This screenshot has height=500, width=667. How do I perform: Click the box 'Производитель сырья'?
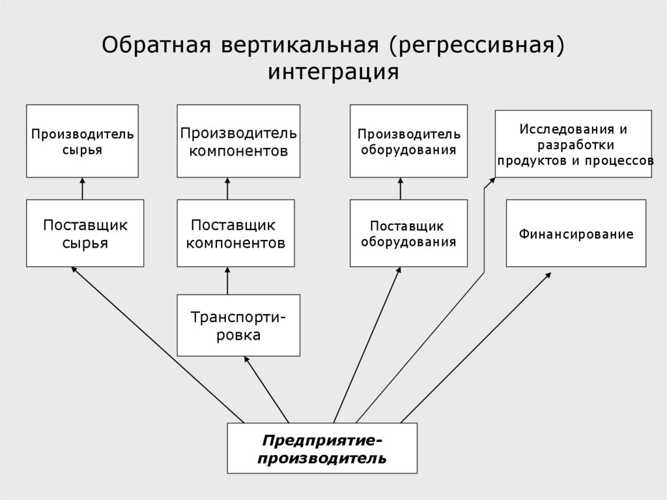point(82,141)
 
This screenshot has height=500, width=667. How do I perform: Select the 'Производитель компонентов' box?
point(239,141)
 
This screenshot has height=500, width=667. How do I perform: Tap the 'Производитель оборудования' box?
point(408,141)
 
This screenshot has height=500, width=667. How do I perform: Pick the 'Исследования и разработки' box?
point(573,143)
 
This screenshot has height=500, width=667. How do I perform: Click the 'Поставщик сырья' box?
point(85,233)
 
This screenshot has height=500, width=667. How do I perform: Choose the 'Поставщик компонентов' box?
point(235,233)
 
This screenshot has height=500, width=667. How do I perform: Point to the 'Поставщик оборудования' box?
point(408,233)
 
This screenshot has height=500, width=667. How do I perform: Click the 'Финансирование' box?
point(576,233)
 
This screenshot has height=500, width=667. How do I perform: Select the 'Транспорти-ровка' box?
point(238,325)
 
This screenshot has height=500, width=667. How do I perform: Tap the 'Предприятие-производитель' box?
point(322,449)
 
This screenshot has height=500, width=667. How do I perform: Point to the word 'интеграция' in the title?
point(333,71)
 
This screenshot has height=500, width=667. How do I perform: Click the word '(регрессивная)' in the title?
point(477,46)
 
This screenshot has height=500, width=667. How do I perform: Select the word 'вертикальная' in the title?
point(290,46)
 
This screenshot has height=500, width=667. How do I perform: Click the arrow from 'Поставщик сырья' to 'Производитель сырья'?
point(83,188)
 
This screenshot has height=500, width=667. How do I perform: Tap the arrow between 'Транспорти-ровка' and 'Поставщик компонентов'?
point(227,280)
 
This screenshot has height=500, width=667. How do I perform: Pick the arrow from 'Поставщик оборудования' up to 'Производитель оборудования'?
point(401,188)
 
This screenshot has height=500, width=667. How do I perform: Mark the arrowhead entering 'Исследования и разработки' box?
point(492,181)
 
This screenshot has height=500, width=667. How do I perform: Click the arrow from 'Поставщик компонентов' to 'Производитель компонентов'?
point(227,188)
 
